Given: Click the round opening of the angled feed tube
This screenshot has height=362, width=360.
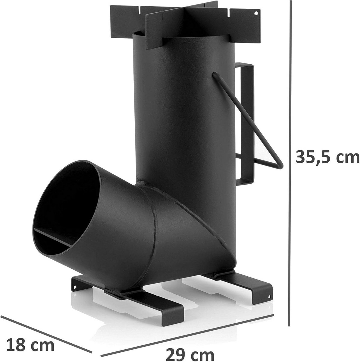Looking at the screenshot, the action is point(66,208).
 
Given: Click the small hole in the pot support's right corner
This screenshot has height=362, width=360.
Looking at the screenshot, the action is point(255,13).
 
